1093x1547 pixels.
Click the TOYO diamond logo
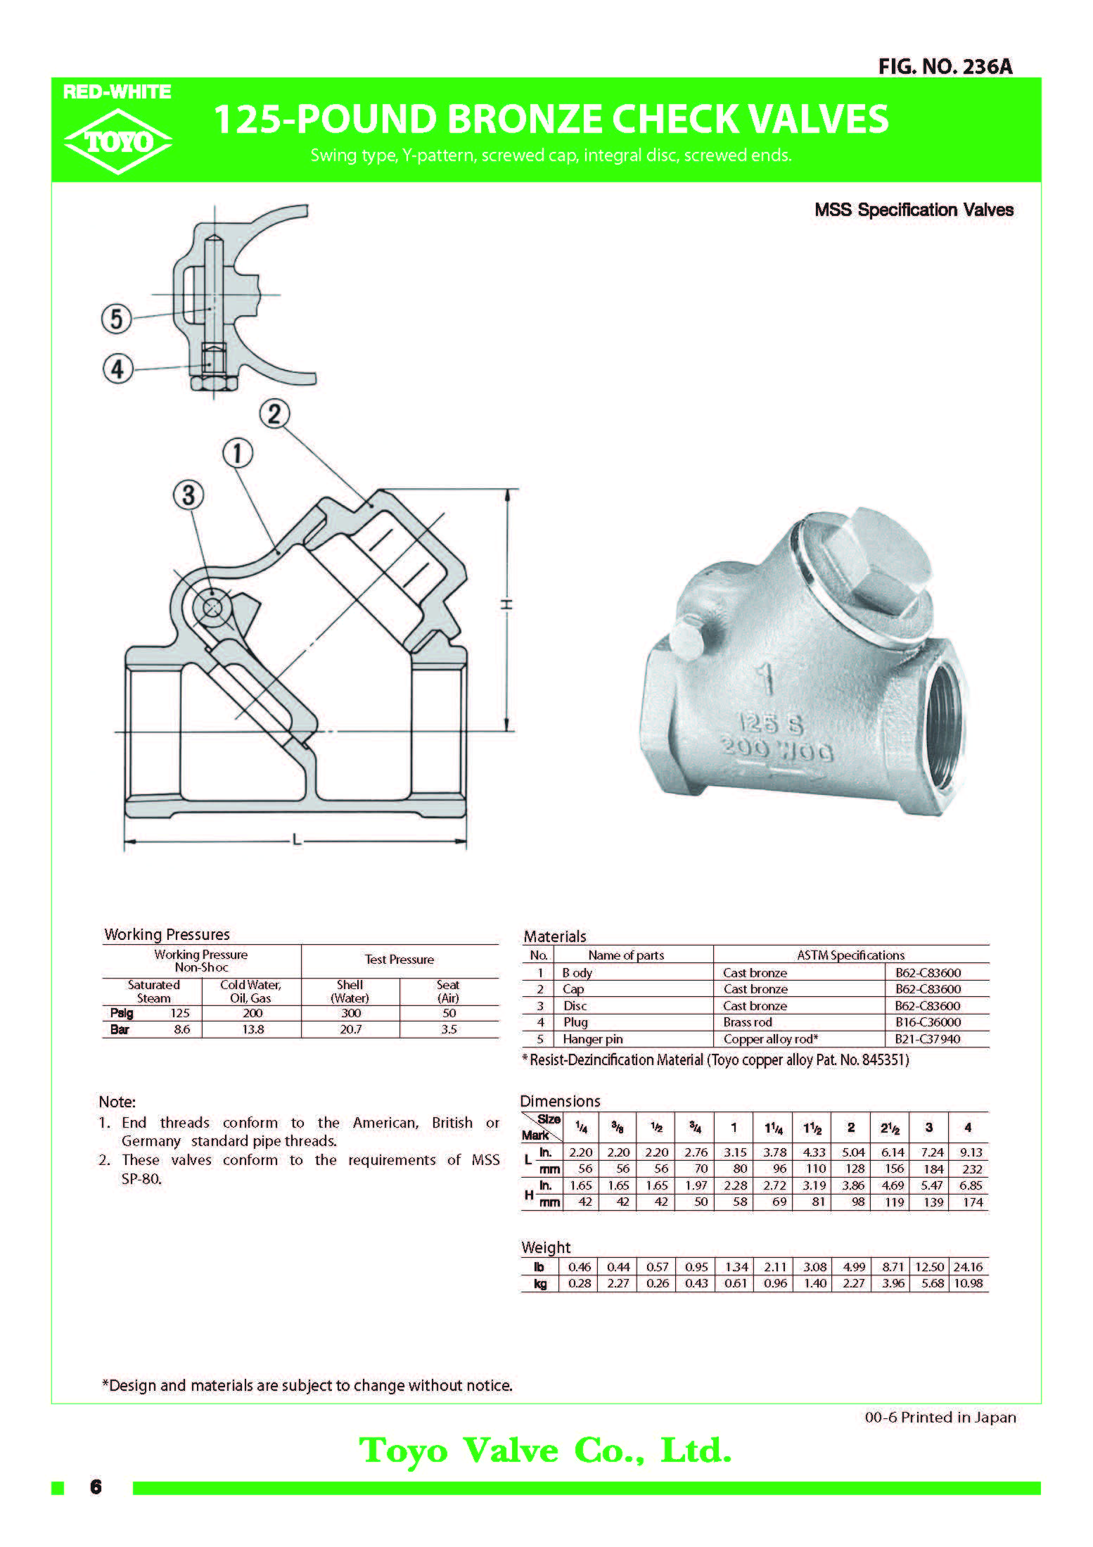(117, 141)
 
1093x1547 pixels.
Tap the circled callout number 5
(117, 319)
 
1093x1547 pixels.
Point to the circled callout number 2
(274, 413)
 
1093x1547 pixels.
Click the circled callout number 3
(188, 495)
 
